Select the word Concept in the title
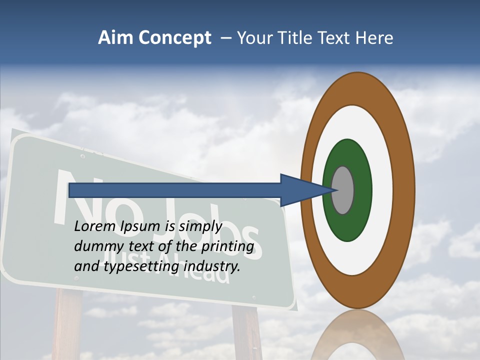175,38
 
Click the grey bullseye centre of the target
343,190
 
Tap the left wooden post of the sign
67,325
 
